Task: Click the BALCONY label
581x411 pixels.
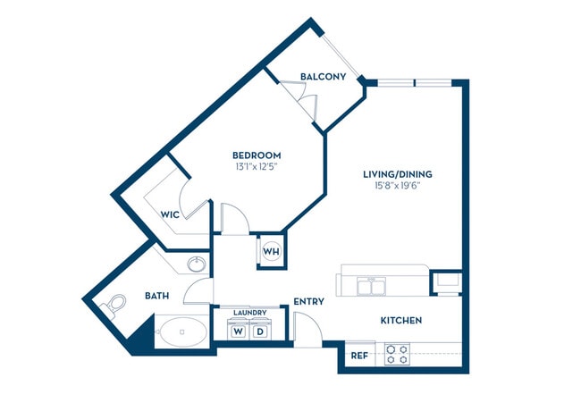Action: (x=323, y=77)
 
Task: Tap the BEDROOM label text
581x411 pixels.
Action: (x=257, y=155)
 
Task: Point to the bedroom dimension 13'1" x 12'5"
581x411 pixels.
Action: (x=257, y=166)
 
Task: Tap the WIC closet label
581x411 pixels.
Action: (x=171, y=214)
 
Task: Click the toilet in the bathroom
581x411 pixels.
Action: (x=115, y=306)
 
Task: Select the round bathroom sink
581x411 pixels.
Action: (x=196, y=264)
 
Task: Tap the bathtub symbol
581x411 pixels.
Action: (x=182, y=333)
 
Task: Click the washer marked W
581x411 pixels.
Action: (x=239, y=331)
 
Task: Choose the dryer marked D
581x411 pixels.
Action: (x=261, y=331)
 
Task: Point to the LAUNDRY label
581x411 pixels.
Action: (x=249, y=313)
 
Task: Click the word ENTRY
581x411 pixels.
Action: (x=308, y=302)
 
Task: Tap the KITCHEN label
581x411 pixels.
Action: (x=401, y=320)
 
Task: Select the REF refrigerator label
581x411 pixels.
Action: (x=359, y=356)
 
